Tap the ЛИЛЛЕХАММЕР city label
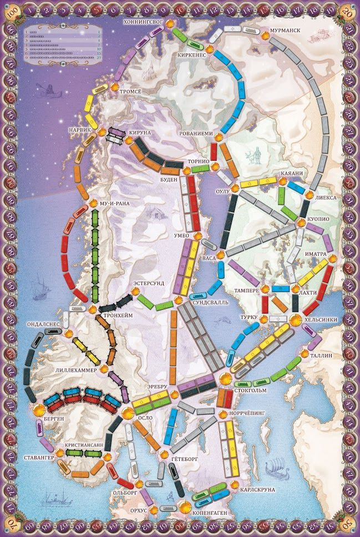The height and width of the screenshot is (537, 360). tap(76, 369)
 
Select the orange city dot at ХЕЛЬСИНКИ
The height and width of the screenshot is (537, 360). tap(295, 318)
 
